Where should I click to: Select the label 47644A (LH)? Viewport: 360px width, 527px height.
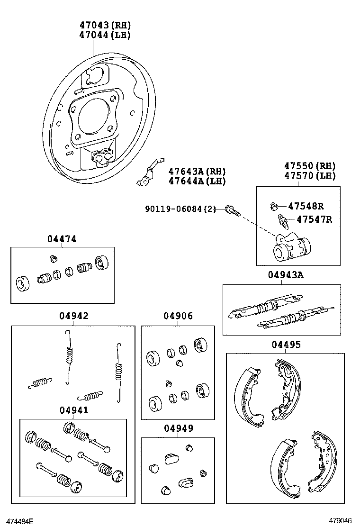pos(197,181)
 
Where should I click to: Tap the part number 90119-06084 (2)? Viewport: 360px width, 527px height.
pos(180,209)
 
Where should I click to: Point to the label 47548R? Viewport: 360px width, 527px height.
pos(306,206)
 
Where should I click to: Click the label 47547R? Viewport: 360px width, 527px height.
pos(314,219)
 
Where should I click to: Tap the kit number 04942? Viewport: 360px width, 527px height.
pos(74,316)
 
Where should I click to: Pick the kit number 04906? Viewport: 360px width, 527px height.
pos(178,316)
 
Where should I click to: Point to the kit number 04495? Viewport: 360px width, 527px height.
pos(286,345)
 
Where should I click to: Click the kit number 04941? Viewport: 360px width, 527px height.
pos(74,410)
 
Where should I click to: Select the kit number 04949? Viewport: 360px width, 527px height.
pos(178,428)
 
